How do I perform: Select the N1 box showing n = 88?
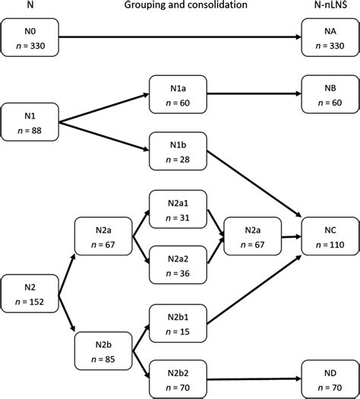[30, 122]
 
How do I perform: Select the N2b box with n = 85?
[103, 350]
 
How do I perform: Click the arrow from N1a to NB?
[251, 94]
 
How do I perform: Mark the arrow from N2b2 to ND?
[251, 378]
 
